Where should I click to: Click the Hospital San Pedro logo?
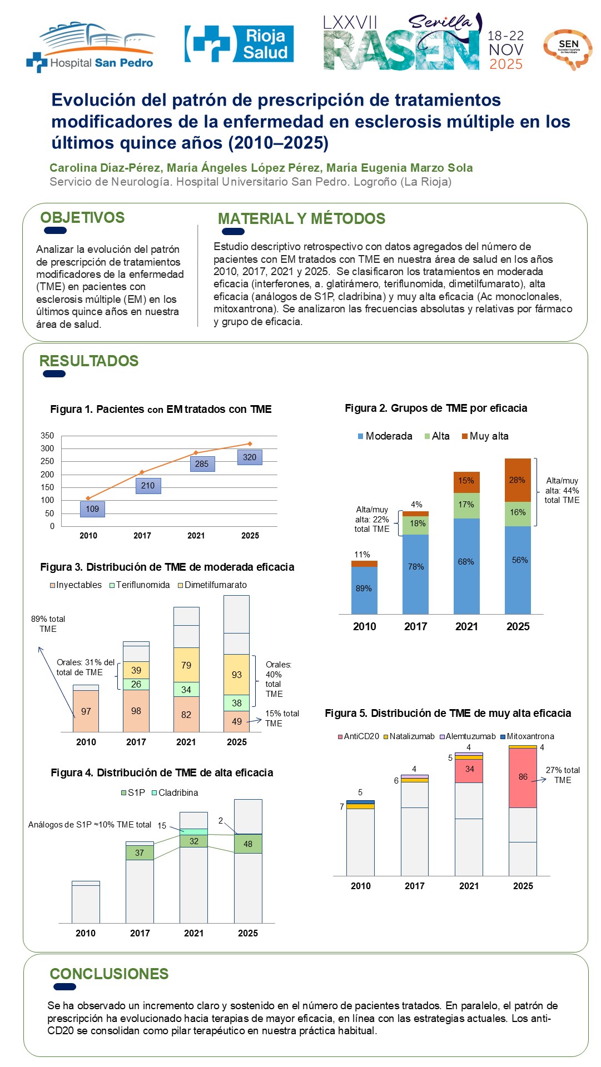(90, 47)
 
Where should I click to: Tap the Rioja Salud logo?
(239, 44)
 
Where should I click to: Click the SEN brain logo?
(567, 49)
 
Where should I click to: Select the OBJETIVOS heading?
(82, 218)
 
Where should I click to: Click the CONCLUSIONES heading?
(109, 974)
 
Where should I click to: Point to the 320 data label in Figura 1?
(250, 457)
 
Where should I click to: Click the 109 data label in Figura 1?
(92, 509)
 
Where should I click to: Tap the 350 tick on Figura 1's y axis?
(47, 436)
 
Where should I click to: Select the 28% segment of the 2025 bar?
(518, 480)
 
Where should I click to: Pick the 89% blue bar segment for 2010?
(364, 589)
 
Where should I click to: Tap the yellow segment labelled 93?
(237, 675)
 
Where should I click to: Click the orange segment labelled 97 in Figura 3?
(86, 711)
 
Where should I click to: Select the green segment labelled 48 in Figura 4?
(248, 844)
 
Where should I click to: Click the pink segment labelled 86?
(523, 777)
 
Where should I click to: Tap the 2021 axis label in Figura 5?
(469, 886)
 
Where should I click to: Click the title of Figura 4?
(162, 772)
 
